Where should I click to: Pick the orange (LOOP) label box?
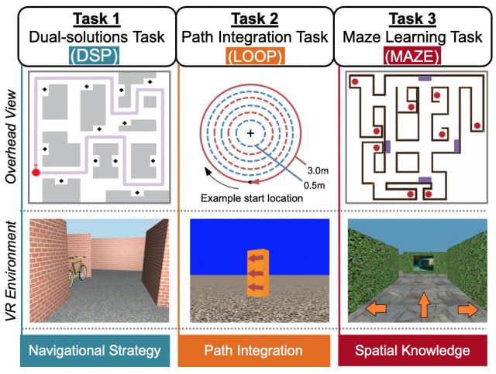(x=255, y=55)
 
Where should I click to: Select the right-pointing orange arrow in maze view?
(x=466, y=310)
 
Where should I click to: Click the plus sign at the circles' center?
(x=250, y=134)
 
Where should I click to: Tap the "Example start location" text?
(x=251, y=198)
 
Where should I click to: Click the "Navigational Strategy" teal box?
(x=95, y=351)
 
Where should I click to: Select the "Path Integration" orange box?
(x=254, y=351)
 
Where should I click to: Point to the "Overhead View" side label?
(x=10, y=139)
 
